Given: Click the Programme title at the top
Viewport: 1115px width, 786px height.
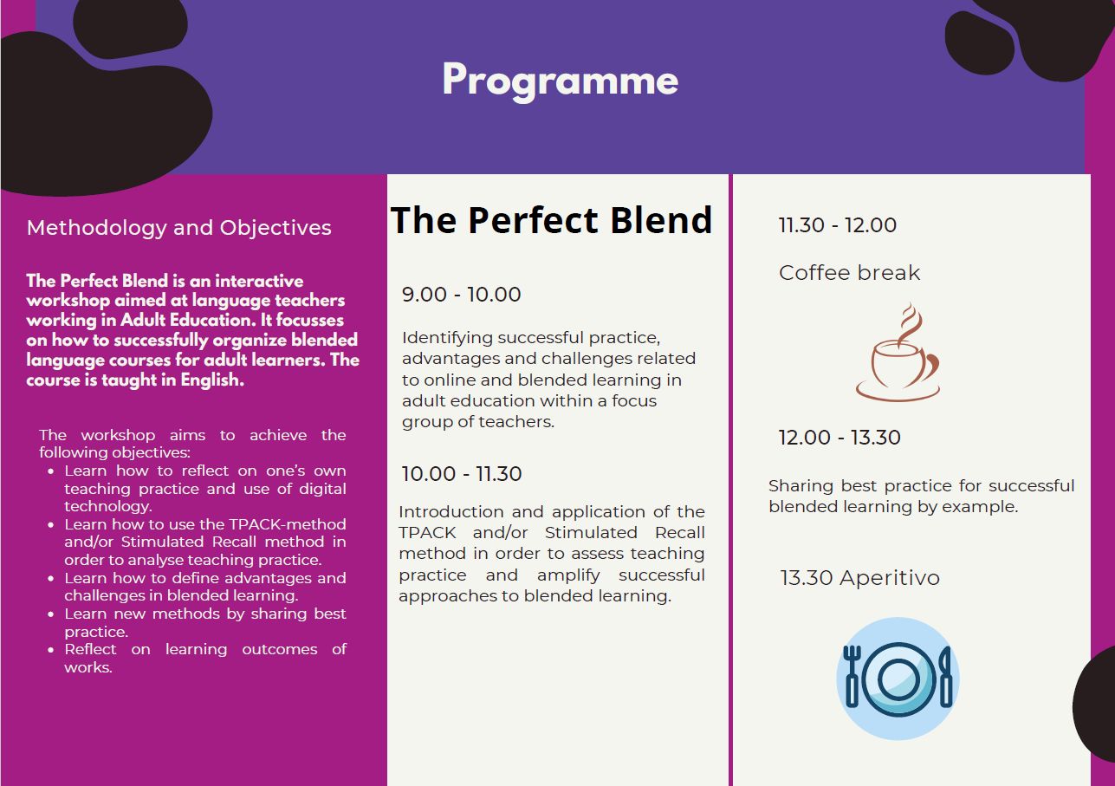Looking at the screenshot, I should (x=560, y=80).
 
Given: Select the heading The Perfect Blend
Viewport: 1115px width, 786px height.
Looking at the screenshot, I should (x=551, y=220).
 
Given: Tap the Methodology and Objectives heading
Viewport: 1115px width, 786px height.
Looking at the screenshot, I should (x=179, y=228).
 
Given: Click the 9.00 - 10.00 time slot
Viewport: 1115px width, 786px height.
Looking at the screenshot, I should (x=461, y=295).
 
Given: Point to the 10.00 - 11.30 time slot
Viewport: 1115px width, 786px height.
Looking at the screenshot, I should (x=461, y=474).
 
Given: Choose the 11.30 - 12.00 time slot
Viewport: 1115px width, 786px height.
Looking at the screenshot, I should (x=837, y=225).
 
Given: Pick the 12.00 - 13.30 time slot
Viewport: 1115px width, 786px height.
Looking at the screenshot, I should (x=839, y=438).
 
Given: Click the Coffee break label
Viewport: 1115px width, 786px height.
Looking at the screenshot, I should (x=849, y=273).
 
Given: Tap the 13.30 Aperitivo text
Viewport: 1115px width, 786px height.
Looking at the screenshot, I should (x=859, y=578).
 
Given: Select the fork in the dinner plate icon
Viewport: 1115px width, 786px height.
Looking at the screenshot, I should (x=852, y=675).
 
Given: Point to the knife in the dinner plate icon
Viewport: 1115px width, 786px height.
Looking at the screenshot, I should (x=944, y=675).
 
